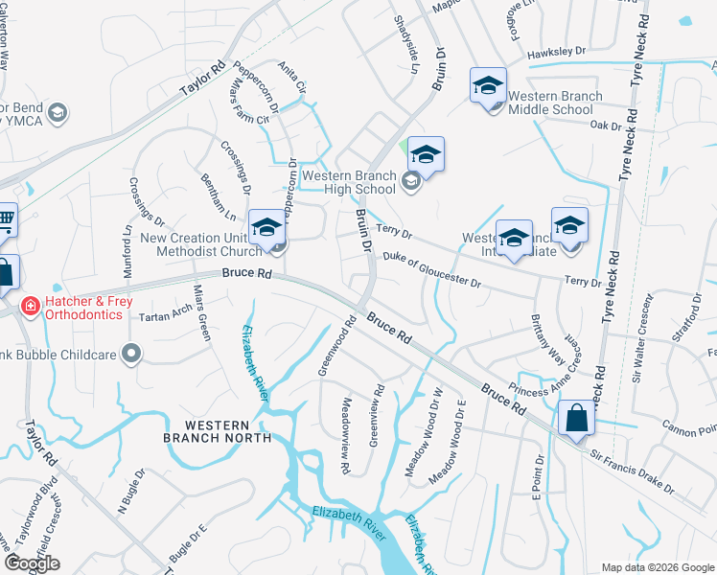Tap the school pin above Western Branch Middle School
[488, 86]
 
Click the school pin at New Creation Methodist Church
[267, 228]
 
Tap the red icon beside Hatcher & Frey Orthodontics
[31, 306]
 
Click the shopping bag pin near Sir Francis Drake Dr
[576, 419]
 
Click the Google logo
[32, 563]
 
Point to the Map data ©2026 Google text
[657, 567]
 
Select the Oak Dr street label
[606, 125]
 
